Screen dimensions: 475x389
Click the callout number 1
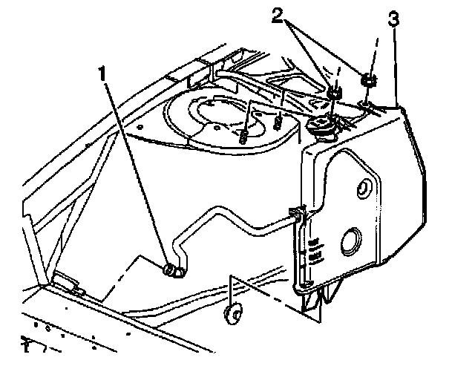(105, 73)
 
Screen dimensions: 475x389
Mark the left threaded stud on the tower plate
(246, 137)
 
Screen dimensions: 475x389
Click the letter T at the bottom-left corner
(26, 347)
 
